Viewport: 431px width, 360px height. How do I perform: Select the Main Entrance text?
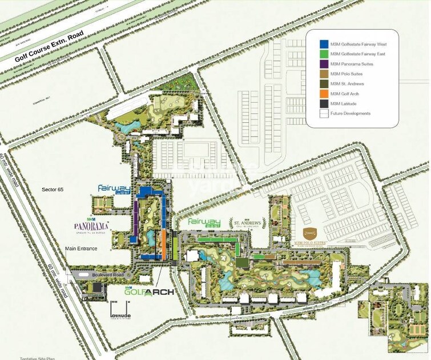[81, 249]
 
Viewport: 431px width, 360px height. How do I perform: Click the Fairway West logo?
[114, 190]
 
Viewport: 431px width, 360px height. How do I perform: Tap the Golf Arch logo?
[150, 292]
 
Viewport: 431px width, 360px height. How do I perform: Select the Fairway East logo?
[204, 223]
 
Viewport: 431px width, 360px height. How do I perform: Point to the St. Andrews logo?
[248, 223]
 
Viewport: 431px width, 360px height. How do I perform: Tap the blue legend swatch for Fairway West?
[324, 43]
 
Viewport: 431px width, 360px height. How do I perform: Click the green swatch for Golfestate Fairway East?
[324, 53]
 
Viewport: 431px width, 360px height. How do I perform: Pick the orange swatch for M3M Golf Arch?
[324, 93]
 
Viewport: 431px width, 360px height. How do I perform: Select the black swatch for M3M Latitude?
[324, 103]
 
